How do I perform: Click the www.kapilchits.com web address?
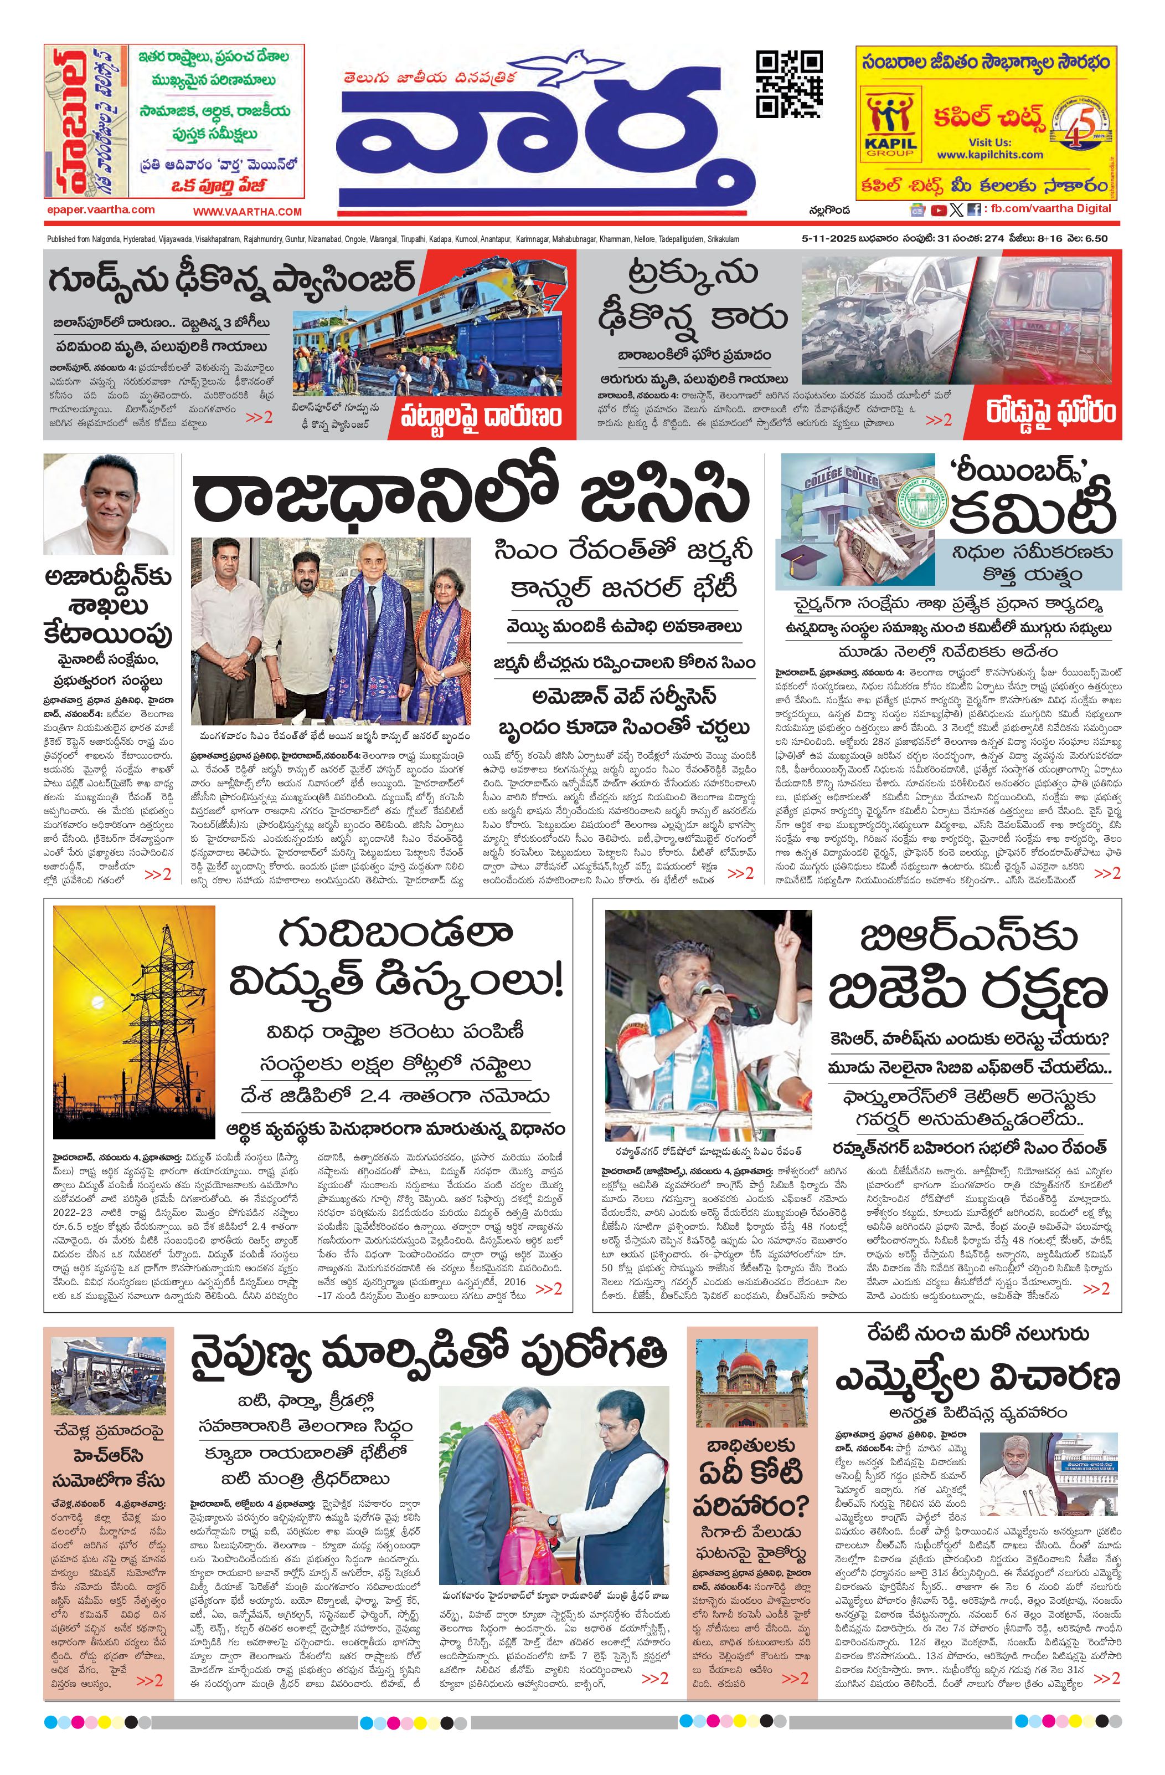click(x=990, y=155)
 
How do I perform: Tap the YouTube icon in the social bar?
click(x=939, y=211)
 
